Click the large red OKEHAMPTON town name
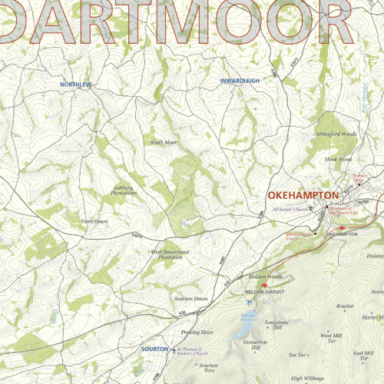(303, 197)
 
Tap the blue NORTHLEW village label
(76, 83)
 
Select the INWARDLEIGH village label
(240, 81)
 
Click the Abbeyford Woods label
(336, 134)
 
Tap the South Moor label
(164, 142)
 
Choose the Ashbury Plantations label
(124, 189)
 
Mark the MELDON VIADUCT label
(265, 293)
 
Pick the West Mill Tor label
(332, 316)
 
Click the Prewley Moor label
(195, 310)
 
